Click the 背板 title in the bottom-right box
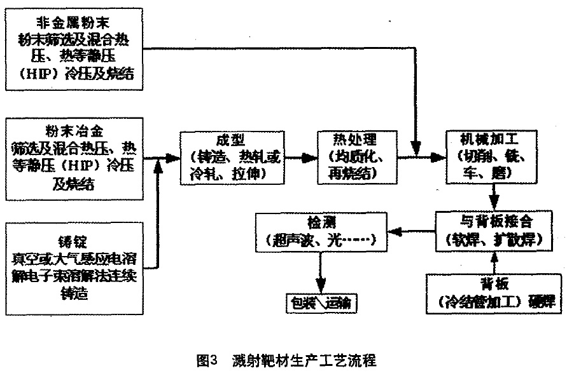tap(494, 283)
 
